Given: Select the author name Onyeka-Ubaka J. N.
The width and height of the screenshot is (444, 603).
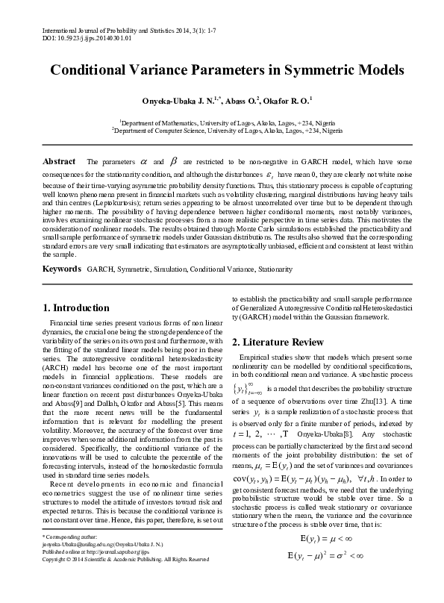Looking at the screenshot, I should [x=177, y=99].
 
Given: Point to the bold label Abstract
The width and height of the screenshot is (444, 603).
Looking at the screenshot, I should [x=59, y=161].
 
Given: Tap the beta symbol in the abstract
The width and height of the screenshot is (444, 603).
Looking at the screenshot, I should [x=174, y=161].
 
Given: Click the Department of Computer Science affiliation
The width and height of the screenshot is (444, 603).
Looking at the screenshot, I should [x=228, y=130].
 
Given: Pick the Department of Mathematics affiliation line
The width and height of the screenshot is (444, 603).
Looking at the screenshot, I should [x=227, y=122].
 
